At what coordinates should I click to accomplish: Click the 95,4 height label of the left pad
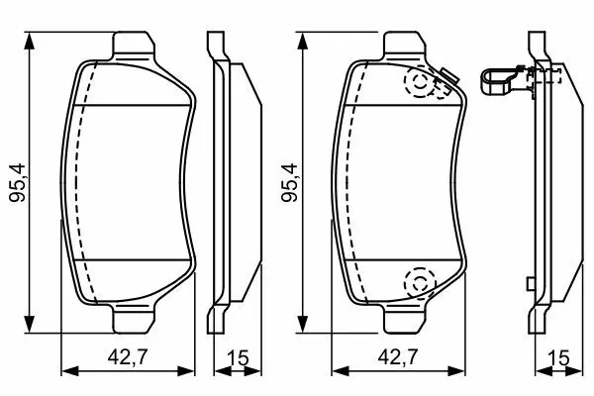18,182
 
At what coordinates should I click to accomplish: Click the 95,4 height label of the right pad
290,182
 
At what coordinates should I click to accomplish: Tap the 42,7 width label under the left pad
128,356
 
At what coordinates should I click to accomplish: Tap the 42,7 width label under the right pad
398,356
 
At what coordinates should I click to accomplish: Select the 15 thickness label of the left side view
239,357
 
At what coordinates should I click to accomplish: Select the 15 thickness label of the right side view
559,357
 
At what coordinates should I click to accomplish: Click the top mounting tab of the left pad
134,46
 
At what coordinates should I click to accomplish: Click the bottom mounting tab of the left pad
134,319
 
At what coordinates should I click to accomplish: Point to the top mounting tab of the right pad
405,46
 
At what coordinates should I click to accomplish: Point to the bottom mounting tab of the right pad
405,319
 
